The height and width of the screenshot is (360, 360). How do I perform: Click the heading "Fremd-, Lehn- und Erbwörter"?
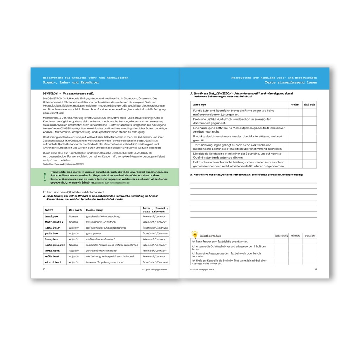point(71,82)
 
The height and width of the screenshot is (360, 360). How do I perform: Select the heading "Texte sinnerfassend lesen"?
point(291,82)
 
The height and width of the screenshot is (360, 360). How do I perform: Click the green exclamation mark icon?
point(45,177)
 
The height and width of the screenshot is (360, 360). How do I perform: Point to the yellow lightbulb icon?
point(194,234)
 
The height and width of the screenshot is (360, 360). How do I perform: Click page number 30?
point(44,269)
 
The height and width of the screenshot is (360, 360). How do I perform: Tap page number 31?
point(315,269)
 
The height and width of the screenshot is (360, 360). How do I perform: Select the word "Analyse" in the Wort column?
point(52,216)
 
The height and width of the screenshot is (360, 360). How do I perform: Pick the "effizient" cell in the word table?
point(52,256)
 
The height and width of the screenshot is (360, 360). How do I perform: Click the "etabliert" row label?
point(53,262)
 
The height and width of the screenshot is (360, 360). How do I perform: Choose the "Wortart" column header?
point(75,210)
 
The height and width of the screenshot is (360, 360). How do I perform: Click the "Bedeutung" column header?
point(95,210)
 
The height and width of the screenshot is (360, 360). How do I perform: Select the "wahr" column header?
point(295,105)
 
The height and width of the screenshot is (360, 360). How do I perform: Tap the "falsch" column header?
point(309,105)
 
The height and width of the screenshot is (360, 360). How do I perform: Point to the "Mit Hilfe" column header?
point(295,236)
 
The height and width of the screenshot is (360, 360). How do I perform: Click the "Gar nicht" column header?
point(310,236)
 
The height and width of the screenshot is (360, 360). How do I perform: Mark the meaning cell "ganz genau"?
point(94,233)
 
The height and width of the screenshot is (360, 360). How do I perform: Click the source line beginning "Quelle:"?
point(63,164)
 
